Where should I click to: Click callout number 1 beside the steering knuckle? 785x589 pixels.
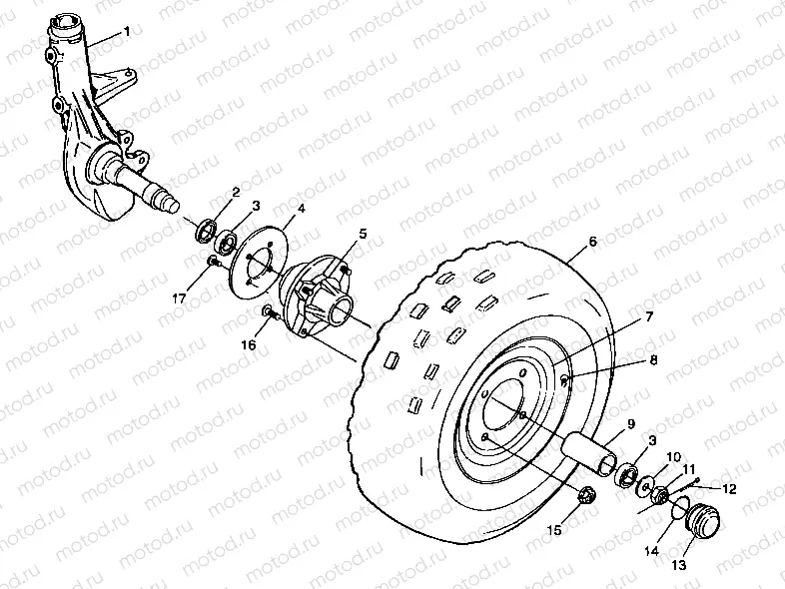click(127, 33)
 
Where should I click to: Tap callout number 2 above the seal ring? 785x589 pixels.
click(236, 192)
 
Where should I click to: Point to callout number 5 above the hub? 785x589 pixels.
click(364, 234)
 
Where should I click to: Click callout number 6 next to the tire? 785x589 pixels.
click(592, 243)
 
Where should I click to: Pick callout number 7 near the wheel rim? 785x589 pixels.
click(649, 316)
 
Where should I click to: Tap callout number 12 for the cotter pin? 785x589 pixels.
click(729, 489)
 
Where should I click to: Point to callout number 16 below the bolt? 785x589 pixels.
click(250, 344)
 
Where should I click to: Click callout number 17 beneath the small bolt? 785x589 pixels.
click(181, 296)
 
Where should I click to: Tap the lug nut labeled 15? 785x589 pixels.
click(587, 493)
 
